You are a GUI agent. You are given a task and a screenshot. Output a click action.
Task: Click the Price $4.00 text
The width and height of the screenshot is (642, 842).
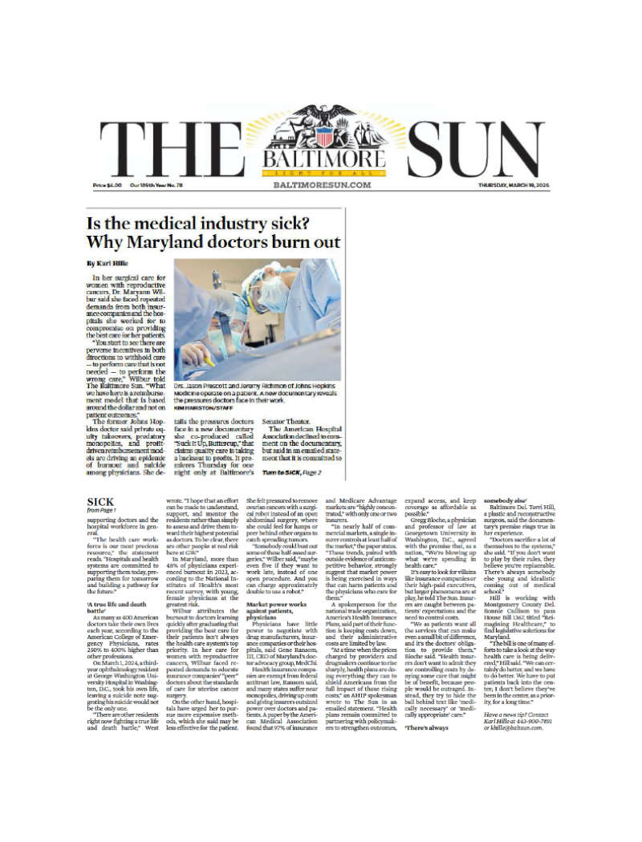[x=108, y=185]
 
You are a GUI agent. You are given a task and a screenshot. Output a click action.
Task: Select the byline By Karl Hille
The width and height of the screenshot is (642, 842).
[x=107, y=263]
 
